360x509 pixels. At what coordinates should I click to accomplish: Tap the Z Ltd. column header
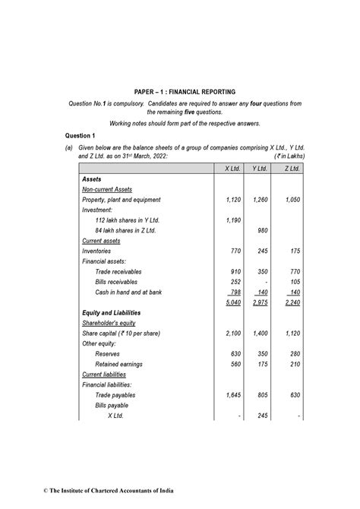(x=289, y=167)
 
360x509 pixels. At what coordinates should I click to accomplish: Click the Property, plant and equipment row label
(x=122, y=200)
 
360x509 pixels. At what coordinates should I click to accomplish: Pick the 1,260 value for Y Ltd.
(x=259, y=200)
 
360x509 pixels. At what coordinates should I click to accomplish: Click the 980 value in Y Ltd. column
(x=261, y=230)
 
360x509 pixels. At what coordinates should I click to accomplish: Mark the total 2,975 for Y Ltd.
(x=259, y=302)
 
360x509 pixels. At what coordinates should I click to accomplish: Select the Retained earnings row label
(x=122, y=364)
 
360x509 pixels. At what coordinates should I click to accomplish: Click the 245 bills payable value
(x=261, y=416)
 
